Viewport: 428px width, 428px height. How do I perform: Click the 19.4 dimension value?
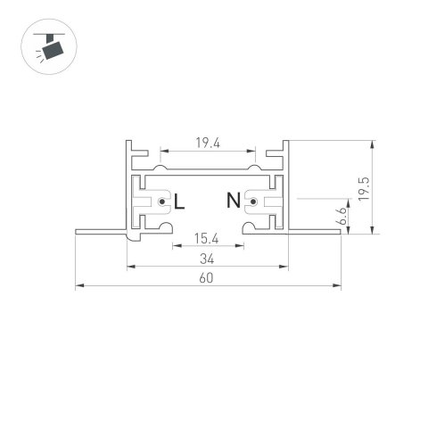coord(208,143)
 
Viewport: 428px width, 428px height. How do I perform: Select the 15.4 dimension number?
coord(208,238)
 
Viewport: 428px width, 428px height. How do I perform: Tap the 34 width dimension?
coord(208,259)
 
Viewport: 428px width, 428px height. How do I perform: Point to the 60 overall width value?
coord(208,278)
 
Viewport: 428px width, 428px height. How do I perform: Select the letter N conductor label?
coord(234,202)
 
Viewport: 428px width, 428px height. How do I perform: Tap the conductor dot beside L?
coord(162,203)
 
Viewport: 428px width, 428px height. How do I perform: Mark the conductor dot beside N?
coord(252,203)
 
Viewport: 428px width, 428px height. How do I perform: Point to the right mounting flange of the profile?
coord(316,231)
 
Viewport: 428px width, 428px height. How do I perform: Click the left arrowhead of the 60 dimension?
coord(78,286)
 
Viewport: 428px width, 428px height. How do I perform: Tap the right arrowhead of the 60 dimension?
coord(340,286)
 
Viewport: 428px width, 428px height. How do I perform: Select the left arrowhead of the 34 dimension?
coord(129,266)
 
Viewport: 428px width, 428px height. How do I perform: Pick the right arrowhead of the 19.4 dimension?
coord(253,151)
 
